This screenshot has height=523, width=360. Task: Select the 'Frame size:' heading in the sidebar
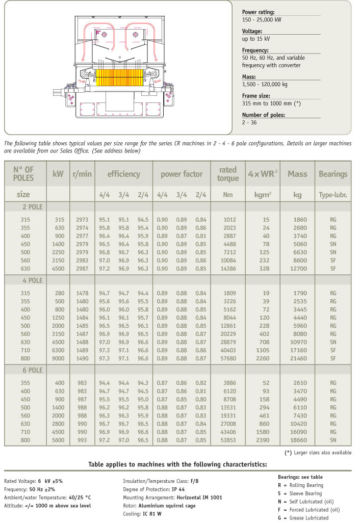256,95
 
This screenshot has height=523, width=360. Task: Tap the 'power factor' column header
182,174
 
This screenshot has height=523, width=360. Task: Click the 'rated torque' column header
228,174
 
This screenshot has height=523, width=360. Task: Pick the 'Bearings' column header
333,174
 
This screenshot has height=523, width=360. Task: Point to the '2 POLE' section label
32,207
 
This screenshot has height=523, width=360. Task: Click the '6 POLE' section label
32,370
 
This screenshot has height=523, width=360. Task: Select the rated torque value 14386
227,268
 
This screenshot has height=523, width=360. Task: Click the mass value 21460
297,358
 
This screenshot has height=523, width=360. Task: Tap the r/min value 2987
82,268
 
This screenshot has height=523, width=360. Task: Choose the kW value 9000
59,358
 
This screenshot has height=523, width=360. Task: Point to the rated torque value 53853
227,439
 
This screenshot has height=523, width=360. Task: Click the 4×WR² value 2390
262,439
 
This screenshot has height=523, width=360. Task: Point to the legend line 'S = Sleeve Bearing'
300,493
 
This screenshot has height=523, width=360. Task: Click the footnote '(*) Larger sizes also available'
317,453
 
